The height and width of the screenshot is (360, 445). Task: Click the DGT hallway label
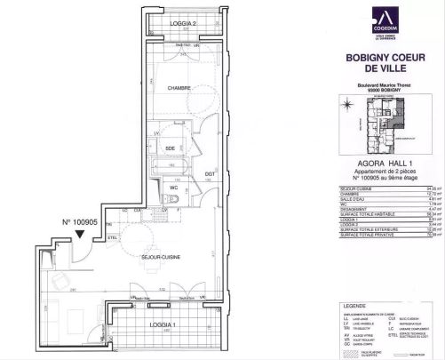210,173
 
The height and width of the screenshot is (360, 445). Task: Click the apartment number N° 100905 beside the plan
78,223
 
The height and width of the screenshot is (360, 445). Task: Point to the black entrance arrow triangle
81,236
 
